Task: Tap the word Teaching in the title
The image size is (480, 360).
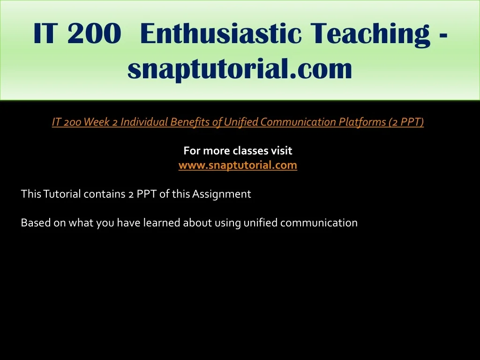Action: coord(370,34)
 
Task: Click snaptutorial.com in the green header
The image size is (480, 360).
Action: coord(240,68)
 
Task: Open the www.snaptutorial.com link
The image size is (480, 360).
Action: coord(238,165)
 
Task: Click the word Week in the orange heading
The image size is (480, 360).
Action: coord(97,122)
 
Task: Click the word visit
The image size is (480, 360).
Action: coord(282,150)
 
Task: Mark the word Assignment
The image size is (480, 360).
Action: coord(222,194)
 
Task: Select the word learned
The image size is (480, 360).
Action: coord(162,223)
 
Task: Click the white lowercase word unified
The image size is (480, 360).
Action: coord(261,223)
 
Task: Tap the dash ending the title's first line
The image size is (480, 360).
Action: coord(443,37)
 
